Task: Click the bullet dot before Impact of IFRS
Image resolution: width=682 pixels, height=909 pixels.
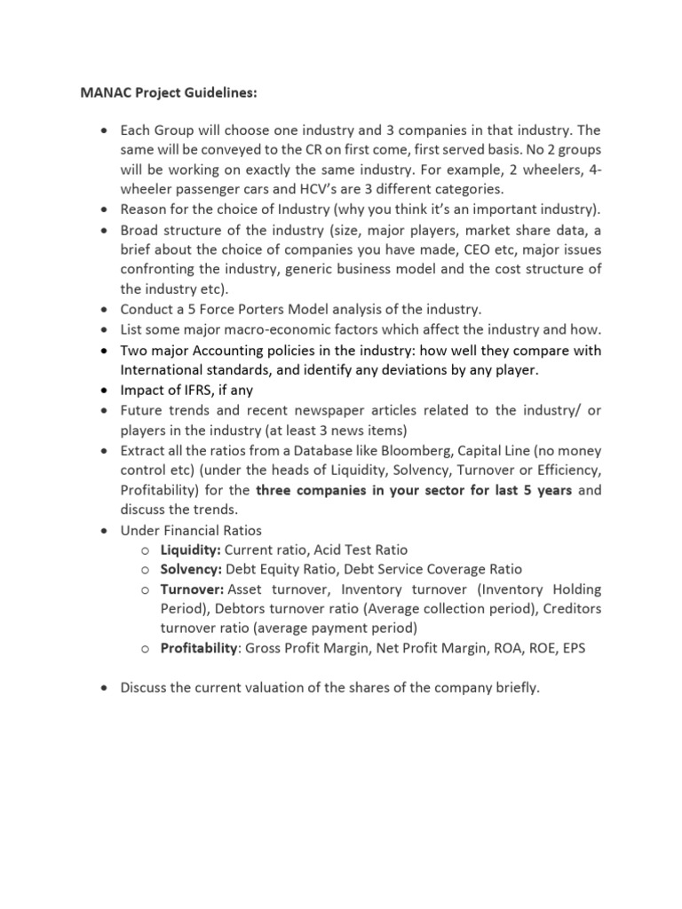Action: (x=105, y=390)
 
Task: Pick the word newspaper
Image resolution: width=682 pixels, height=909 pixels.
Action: (x=342, y=410)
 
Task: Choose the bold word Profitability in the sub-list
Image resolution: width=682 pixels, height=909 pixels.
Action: (x=200, y=648)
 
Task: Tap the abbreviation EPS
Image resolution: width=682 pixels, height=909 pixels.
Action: (x=571, y=648)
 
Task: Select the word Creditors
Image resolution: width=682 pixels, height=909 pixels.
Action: (x=569, y=609)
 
